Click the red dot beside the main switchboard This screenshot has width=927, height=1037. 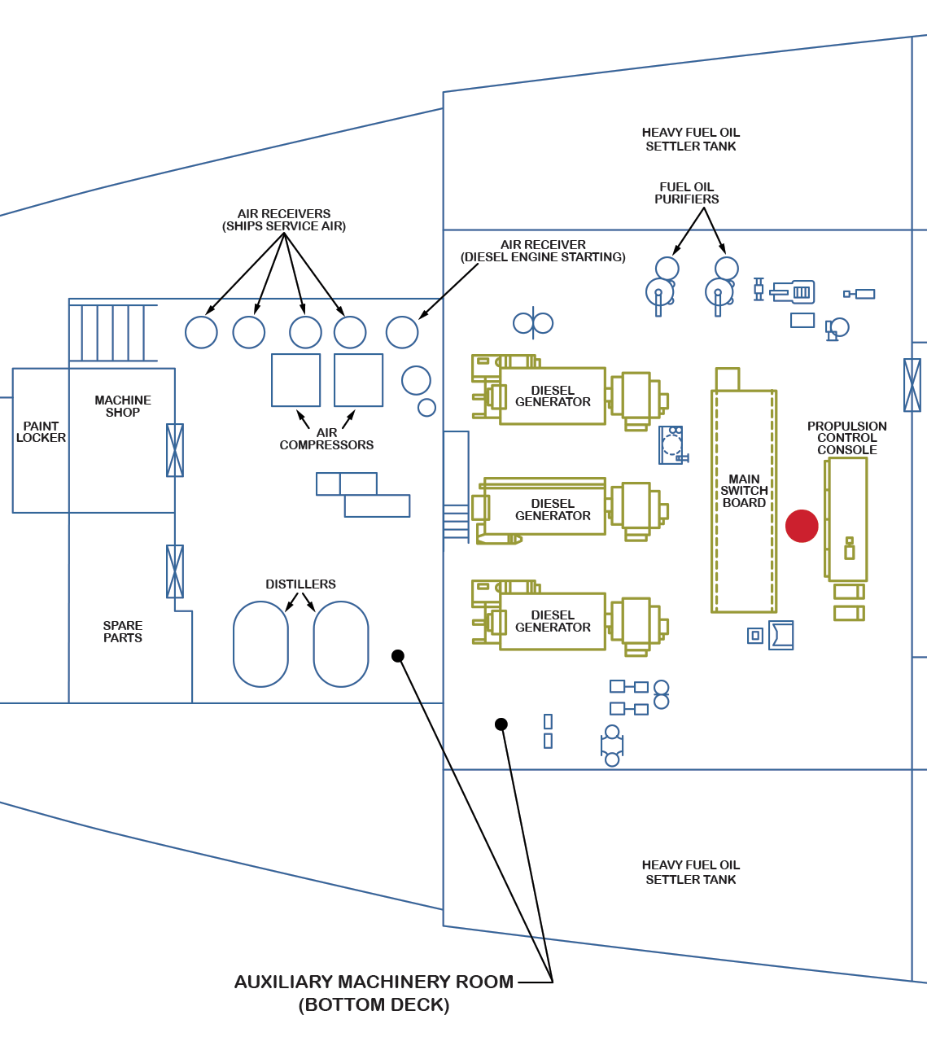click(x=802, y=526)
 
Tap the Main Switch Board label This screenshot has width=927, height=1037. click(x=744, y=491)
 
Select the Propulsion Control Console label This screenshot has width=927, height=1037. click(x=846, y=438)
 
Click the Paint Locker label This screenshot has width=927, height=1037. click(x=41, y=431)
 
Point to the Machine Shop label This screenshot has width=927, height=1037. click(x=123, y=406)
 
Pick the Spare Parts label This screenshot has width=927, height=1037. click(x=123, y=632)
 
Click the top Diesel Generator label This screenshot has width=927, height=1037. click(x=553, y=396)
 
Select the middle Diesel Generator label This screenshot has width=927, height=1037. click(x=553, y=510)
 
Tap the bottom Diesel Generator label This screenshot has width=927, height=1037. click(x=553, y=621)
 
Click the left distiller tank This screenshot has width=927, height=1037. click(x=260, y=644)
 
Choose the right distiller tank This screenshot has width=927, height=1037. click(x=341, y=644)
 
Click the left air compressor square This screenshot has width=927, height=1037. click(x=295, y=380)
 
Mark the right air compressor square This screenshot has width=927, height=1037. click(x=358, y=380)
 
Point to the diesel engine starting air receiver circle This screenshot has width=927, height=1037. click(x=402, y=332)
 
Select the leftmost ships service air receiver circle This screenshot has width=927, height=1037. click(x=201, y=332)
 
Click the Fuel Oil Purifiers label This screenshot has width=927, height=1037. click(x=687, y=193)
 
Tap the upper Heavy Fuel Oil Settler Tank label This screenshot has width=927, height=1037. click(x=690, y=139)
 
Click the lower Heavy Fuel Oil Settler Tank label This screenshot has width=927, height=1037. click(x=690, y=872)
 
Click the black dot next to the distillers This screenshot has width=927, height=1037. click(x=398, y=656)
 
